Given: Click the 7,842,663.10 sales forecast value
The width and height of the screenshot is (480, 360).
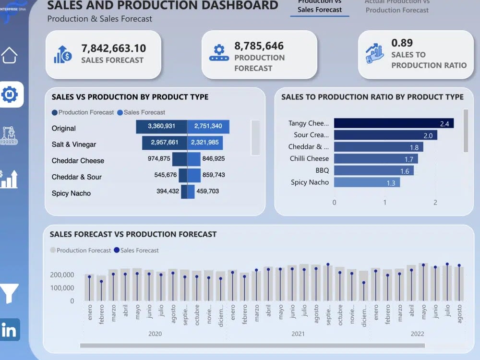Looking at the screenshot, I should click(113, 48).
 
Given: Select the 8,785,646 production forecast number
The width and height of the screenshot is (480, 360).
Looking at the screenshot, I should click(259, 46).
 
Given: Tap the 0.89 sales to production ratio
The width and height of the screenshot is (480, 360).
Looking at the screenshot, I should click(402, 43).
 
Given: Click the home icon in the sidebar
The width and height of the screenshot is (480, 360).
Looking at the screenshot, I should click(10, 55).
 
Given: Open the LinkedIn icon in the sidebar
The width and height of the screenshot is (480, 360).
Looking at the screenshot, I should click(10, 330).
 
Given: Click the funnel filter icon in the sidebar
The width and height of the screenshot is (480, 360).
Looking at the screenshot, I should click(10, 293).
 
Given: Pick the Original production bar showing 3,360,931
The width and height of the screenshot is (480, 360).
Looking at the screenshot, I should click(161, 127).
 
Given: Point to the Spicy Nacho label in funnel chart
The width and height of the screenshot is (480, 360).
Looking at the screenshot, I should click(71, 193).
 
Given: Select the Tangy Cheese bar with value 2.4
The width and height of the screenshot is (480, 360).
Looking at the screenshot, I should click(393, 123).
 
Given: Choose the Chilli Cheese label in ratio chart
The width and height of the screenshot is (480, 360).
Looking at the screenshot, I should click(309, 158).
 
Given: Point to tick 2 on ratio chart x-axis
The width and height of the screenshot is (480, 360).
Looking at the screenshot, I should click(435, 203).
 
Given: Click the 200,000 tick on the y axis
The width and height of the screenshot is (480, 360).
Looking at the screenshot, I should click(61, 275).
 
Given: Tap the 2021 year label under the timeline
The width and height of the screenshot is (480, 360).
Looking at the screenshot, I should click(298, 334).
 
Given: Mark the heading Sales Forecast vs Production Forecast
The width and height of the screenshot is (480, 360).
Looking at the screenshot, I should click(133, 234).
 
